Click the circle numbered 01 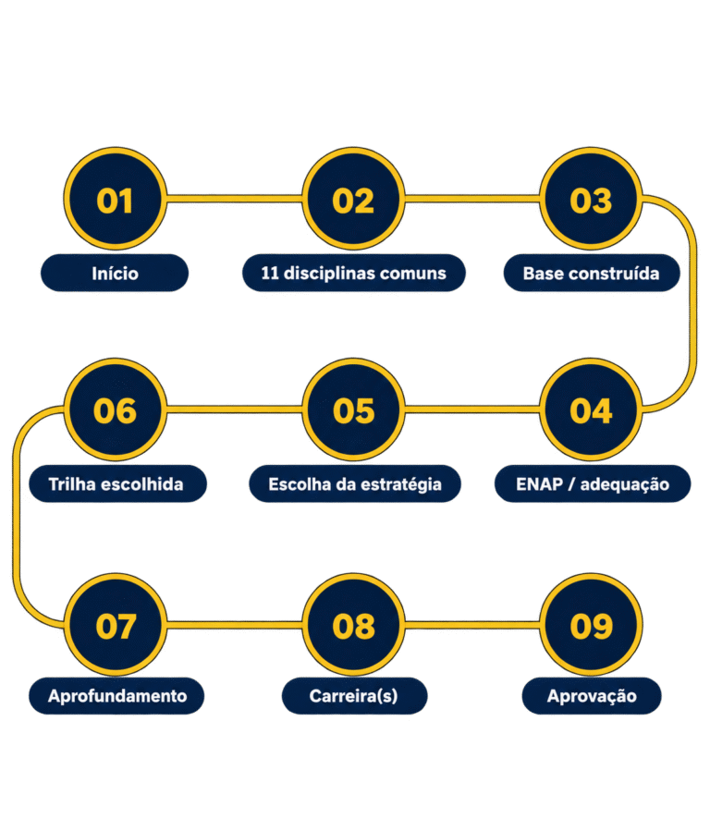coord(116,199)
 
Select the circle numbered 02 coord(353,199)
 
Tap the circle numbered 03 coord(592,199)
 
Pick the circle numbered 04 coord(592,409)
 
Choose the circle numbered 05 coord(353,409)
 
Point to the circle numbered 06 coord(116,409)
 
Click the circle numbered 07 coord(116,624)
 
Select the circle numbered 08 coord(353,624)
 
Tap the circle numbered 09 coord(592,624)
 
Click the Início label coord(115,273)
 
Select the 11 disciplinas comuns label coord(354,273)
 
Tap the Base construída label coord(592,273)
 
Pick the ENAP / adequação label coord(593,483)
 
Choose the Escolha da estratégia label coord(355,483)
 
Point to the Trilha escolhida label coord(117,483)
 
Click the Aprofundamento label coord(116,696)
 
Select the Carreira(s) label coord(354,696)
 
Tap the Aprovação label coord(592,696)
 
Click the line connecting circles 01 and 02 coord(235,199)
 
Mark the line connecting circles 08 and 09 coord(472,624)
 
